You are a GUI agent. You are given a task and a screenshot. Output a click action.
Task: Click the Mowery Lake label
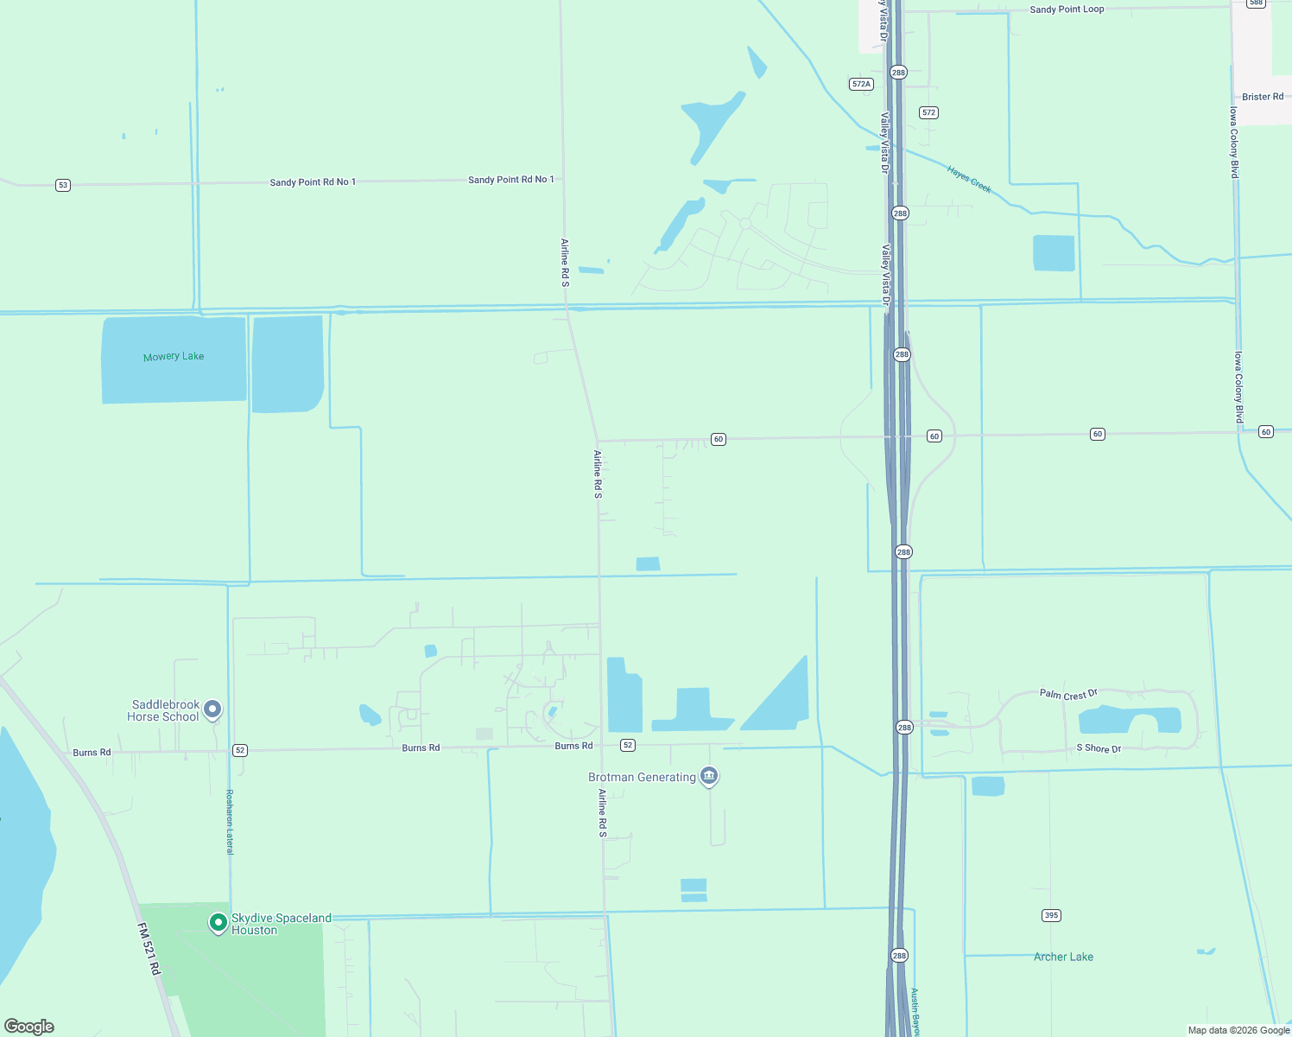174,356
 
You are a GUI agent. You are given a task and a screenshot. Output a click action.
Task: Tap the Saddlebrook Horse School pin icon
212,709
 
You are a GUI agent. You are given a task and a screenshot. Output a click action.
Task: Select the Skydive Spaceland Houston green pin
218,922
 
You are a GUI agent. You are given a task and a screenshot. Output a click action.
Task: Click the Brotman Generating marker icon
709,776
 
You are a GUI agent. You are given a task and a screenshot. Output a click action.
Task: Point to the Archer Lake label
1063,957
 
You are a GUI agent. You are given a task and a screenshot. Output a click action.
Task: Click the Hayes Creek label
969,179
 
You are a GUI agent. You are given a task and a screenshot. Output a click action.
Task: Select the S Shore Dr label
1099,748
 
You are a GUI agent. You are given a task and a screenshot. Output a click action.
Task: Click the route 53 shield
62,185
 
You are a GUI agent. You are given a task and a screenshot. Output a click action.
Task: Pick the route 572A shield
861,84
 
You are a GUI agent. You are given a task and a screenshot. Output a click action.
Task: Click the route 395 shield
1051,915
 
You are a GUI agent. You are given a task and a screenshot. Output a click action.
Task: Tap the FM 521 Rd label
149,949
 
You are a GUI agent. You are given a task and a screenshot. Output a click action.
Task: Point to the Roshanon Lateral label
230,822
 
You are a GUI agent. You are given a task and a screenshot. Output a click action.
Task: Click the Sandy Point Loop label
1067,10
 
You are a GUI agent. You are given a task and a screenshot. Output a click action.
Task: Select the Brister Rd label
1263,97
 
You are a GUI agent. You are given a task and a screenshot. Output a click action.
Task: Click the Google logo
29,1027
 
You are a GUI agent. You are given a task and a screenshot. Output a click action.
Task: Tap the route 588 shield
1256,3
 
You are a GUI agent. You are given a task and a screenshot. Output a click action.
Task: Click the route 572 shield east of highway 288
928,112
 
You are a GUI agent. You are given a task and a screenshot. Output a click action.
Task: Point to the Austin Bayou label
915,1012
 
